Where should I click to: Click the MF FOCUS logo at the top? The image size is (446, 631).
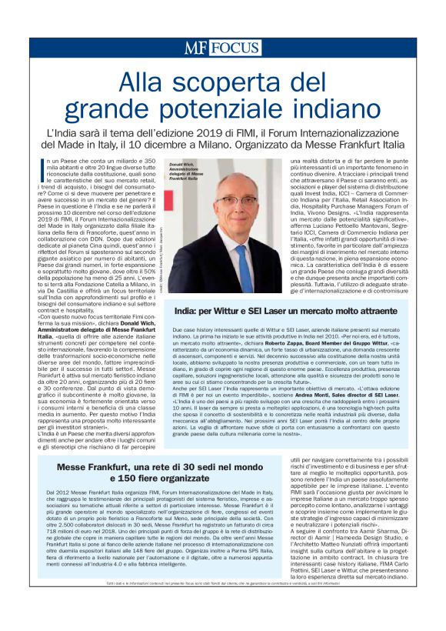pos(222,48)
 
